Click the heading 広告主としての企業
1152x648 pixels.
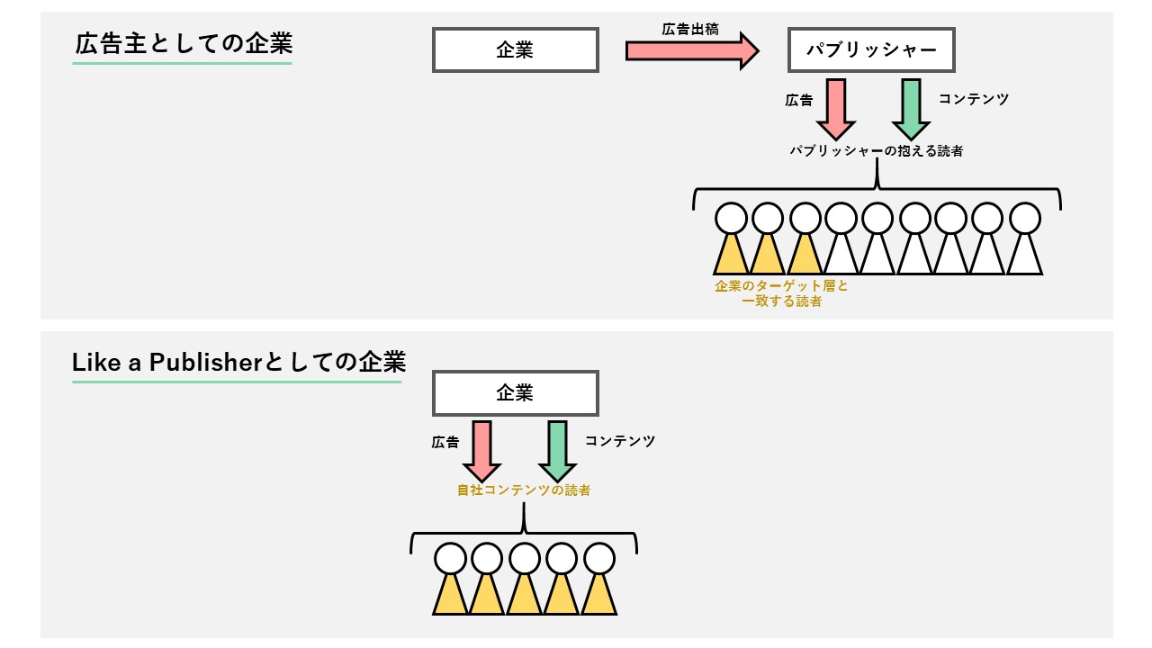[183, 44]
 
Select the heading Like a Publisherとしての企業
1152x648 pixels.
[238, 363]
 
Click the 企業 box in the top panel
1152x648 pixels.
[516, 50]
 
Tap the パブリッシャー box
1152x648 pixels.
[871, 50]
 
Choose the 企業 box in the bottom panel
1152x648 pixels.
[516, 393]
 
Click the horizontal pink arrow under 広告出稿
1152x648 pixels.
[692, 50]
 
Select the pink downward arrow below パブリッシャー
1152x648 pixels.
[835, 108]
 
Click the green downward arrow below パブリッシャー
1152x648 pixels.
[911, 108]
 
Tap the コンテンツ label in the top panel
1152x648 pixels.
[973, 99]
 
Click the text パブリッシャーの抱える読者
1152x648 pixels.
[877, 151]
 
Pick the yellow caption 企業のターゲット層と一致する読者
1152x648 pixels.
[781, 293]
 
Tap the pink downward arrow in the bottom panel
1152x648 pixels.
[481, 450]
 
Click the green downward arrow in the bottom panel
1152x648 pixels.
[557, 450]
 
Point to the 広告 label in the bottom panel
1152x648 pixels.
[445, 442]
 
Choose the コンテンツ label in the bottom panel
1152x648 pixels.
[619, 441]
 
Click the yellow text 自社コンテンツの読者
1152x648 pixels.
[524, 490]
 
